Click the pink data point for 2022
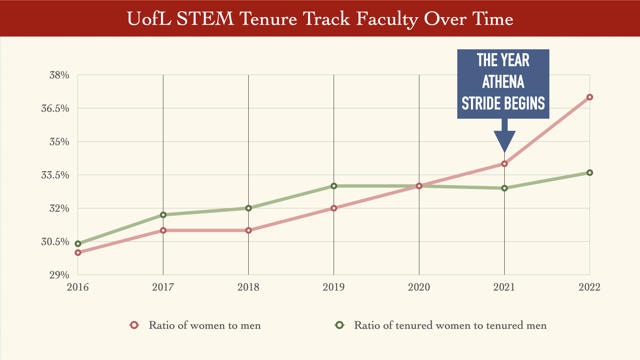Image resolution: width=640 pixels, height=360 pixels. pos(589,97)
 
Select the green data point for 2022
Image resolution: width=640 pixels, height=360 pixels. pos(589,173)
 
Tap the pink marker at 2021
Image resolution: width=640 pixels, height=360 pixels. pos(504,164)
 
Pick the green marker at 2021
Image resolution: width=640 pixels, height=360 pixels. pos(504,188)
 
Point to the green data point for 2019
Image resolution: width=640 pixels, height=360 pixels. pos(334,186)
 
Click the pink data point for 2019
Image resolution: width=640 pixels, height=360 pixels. pos(334,208)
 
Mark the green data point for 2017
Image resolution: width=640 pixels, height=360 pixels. pos(163,215)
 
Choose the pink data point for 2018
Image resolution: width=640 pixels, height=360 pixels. pos(248,230)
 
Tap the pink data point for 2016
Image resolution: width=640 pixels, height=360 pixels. pos(78,253)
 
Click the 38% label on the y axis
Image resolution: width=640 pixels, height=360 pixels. pos(59,75)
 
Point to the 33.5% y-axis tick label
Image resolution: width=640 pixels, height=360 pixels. pos(55,175)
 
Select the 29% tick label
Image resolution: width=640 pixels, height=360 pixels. pos(59,275)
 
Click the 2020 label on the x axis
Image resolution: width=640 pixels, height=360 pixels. pos(419,287)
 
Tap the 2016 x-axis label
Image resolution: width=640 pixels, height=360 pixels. pos(78,287)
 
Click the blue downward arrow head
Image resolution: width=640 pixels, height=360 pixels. pos(504,140)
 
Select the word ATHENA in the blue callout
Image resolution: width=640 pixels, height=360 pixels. pos(503,82)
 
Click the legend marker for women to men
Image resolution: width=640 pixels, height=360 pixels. pos(134,325)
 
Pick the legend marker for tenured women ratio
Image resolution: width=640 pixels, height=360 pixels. pos(339,325)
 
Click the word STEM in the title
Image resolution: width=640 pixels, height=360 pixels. pos(205,19)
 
